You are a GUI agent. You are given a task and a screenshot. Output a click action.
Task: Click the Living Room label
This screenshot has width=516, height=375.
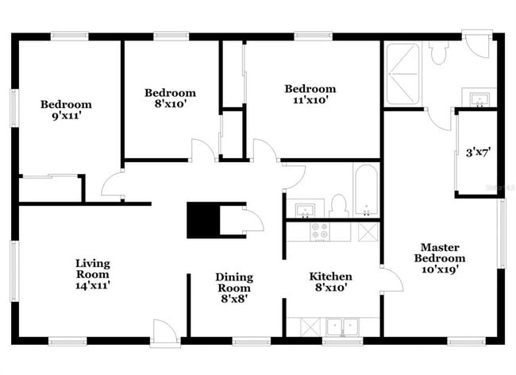coord(92,274)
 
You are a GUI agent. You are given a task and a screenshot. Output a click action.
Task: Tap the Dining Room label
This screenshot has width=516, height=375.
coord(234,288)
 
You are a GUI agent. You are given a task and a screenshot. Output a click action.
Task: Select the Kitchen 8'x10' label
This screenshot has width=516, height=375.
coord(330,282)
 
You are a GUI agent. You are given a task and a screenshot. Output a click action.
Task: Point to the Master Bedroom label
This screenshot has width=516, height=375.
coord(440,258)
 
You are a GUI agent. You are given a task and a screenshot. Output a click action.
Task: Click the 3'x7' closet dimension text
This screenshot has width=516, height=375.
coord(478,153)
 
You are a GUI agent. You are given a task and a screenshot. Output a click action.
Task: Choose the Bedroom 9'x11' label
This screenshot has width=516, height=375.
coord(66,110)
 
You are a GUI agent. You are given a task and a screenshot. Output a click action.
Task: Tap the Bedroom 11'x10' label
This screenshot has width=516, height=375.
coord(310,95)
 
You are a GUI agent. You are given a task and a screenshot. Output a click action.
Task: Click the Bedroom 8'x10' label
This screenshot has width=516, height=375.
coord(170,98)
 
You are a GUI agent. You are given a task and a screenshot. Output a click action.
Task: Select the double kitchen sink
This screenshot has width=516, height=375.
coord(343,327)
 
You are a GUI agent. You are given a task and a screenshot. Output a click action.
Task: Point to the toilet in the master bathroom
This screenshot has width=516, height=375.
coord(438,52)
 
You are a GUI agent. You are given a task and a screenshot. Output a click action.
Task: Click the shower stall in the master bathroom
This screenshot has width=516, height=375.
coord(402,74)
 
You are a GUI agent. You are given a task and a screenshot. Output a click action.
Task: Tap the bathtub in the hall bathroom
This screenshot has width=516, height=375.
coord(367,191)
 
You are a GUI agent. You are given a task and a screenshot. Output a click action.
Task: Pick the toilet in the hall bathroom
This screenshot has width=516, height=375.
coord(338,206)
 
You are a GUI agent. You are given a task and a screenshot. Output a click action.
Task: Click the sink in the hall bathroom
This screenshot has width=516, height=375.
coord(305,211)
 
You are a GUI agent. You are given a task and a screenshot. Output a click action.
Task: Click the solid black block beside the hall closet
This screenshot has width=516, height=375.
coord(203,220)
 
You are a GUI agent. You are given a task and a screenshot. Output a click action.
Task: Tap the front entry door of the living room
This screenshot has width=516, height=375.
coord(166,333)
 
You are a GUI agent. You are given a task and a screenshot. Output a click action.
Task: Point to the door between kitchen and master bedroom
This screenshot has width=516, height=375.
coord(392,280)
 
